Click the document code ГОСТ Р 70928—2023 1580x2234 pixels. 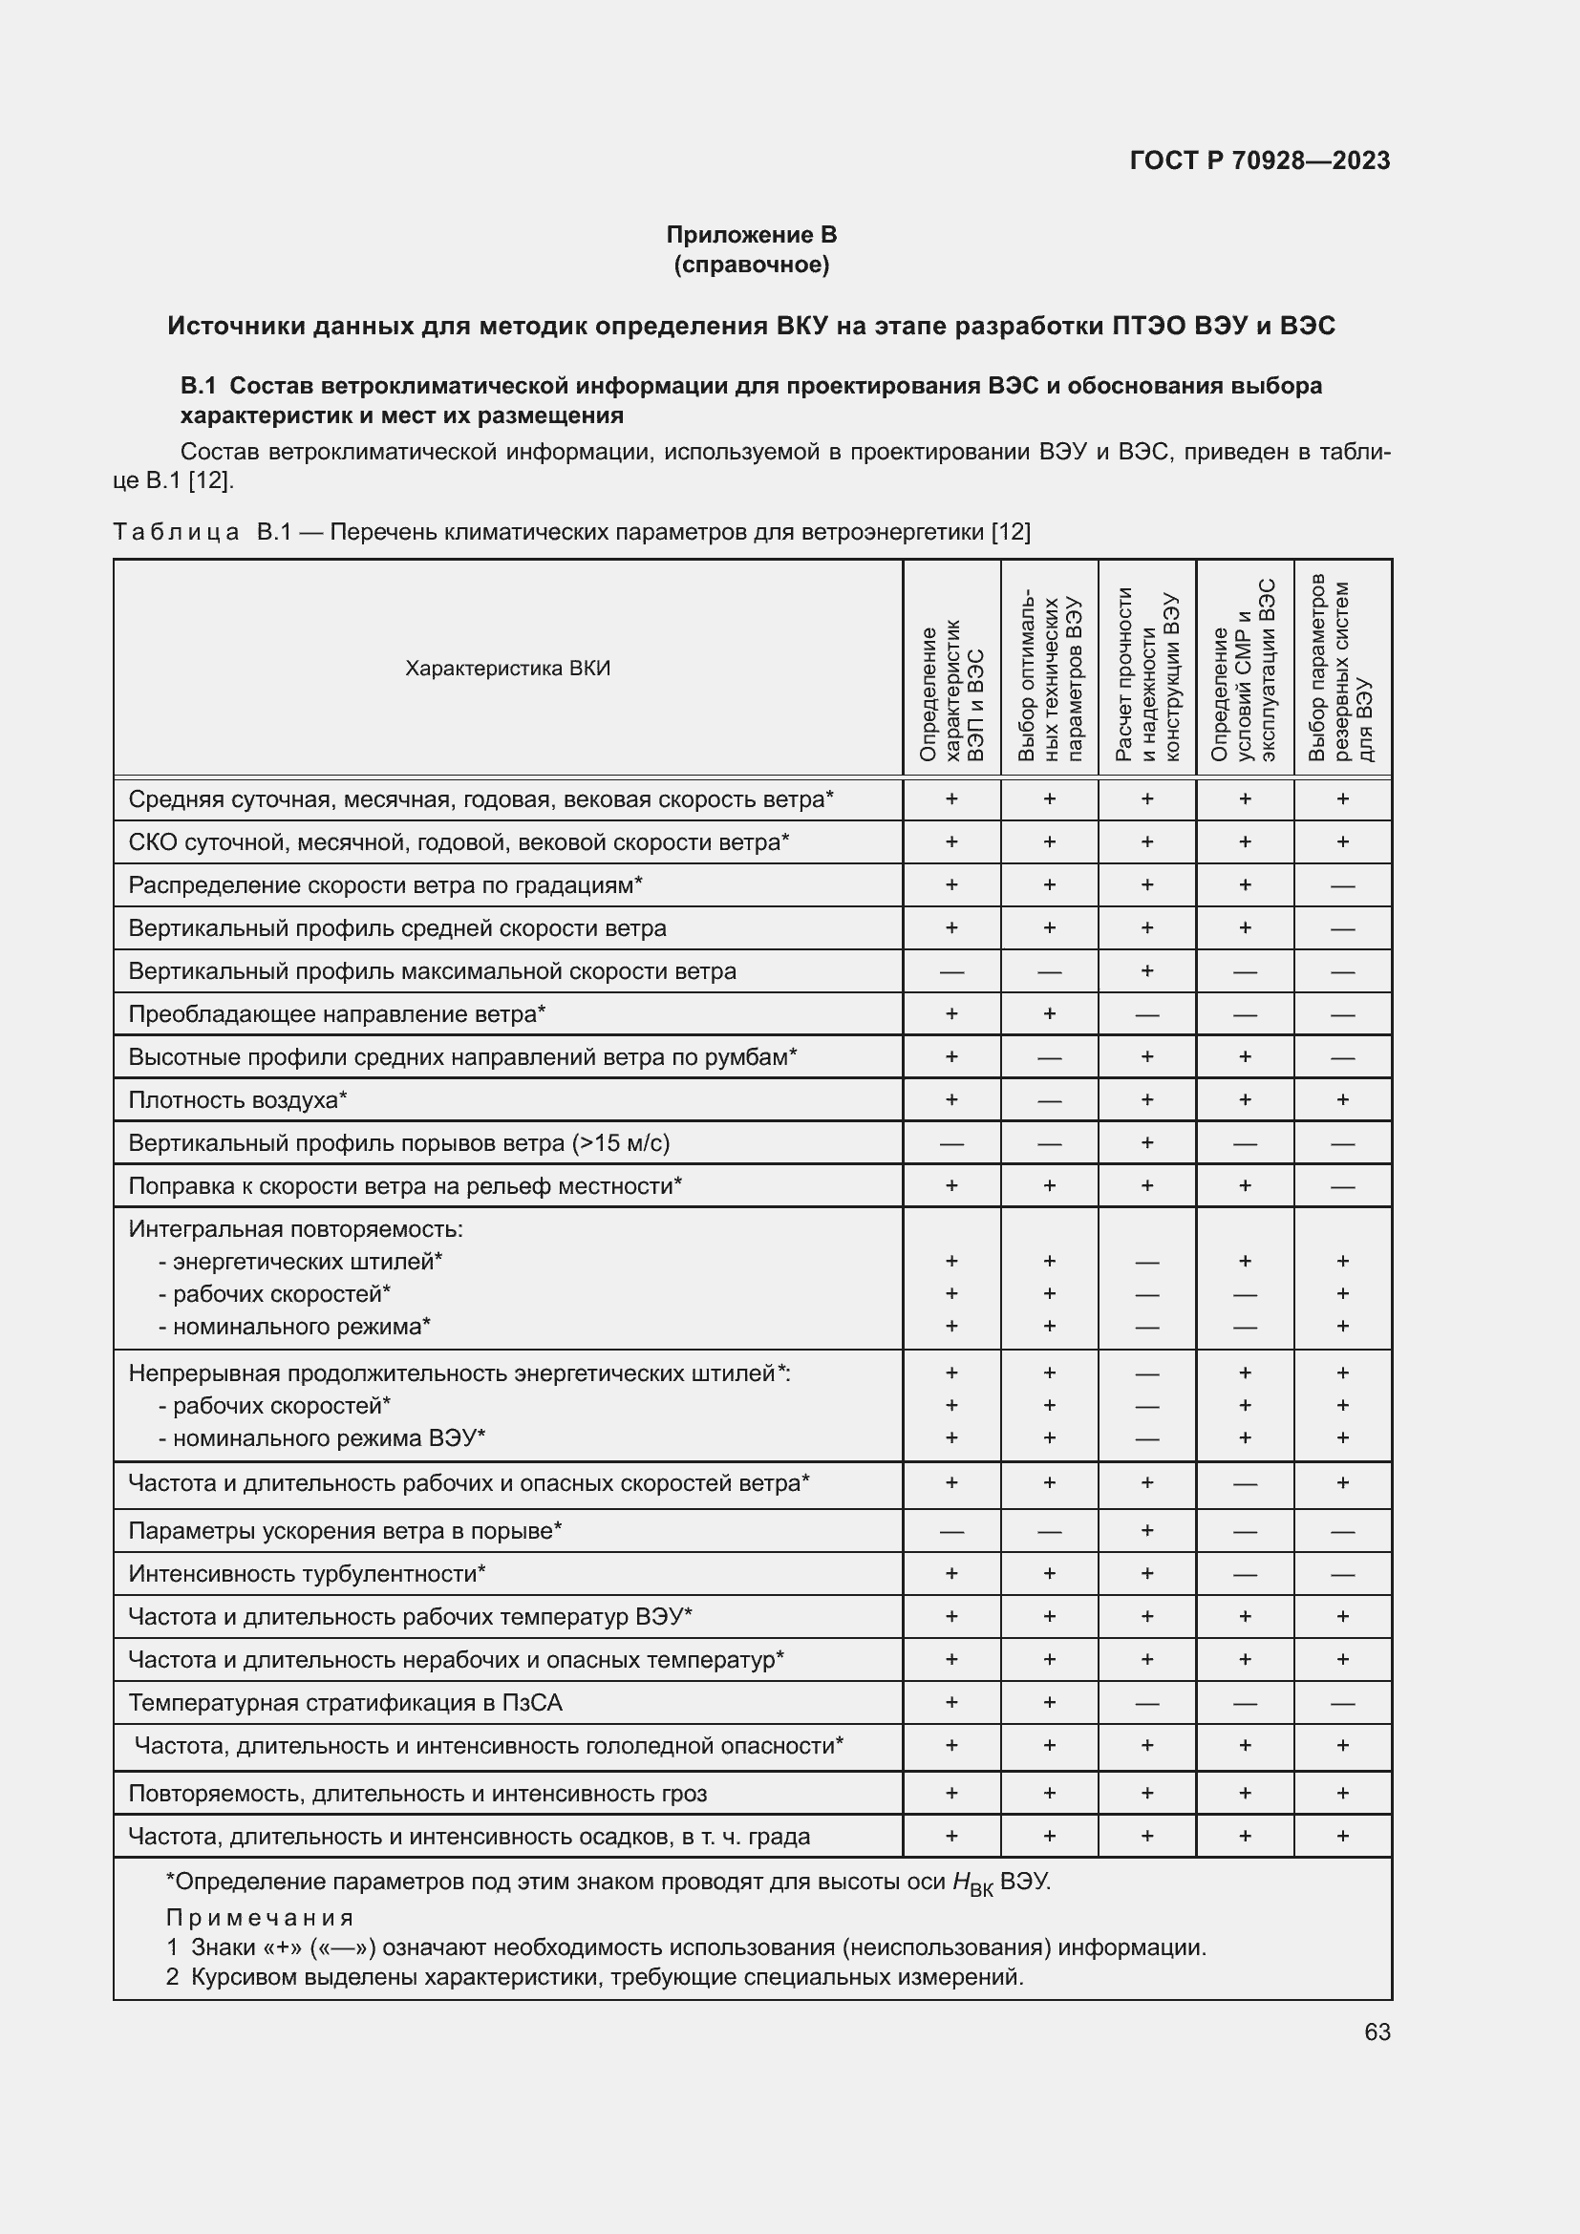coord(1259,160)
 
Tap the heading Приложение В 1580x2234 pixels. coord(751,235)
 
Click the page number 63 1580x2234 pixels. coord(1377,2032)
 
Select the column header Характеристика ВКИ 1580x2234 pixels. coord(508,669)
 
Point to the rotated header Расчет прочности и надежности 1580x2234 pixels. coord(1147,671)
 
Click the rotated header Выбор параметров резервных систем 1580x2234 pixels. coord(1341,670)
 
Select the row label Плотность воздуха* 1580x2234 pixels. coord(238,1099)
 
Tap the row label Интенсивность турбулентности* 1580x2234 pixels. coord(307,1573)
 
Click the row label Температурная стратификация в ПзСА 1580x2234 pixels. coord(346,1702)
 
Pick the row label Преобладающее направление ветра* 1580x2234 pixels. coord(336,1014)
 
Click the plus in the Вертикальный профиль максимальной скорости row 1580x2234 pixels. coord(1147,970)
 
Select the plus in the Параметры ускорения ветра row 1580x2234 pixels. coord(1147,1529)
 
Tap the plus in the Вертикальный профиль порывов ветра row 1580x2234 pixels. coord(1147,1142)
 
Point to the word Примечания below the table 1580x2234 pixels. coord(260,1917)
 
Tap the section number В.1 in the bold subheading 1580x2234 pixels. coord(198,386)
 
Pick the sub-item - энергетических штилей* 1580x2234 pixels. coord(301,1261)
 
